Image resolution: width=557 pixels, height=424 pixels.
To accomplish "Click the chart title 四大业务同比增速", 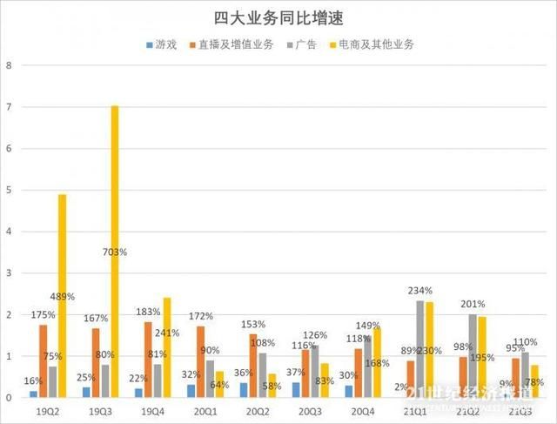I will click(x=278, y=17).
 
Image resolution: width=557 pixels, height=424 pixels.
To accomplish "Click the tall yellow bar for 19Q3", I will click(x=115, y=252).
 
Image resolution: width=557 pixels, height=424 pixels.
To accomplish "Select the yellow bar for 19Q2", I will click(x=62, y=296).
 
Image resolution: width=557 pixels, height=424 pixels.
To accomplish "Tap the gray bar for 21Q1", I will click(x=419, y=348).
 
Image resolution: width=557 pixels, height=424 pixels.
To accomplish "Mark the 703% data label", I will click(x=114, y=252).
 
